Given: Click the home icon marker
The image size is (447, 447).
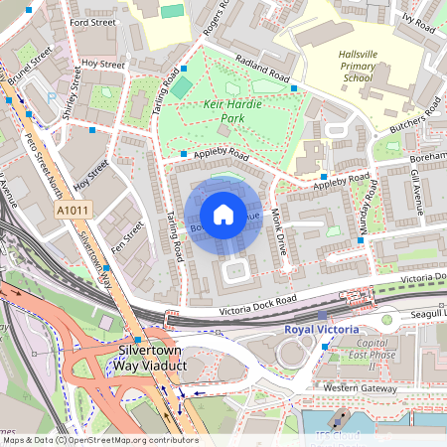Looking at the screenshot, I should click(x=223, y=215).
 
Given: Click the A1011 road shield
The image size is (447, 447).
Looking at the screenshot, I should click(x=72, y=212).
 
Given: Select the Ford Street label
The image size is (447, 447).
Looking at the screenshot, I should click(x=93, y=21).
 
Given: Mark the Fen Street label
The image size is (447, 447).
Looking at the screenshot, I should click(x=121, y=235).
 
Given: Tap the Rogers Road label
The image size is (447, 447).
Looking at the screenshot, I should click(x=210, y=30).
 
